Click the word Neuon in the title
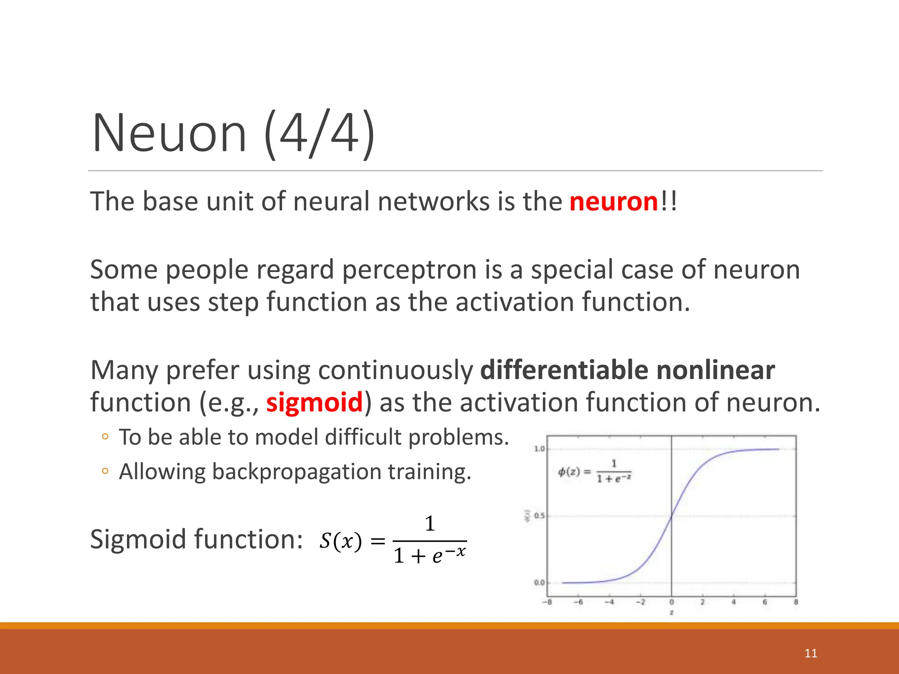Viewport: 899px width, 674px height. click(x=169, y=133)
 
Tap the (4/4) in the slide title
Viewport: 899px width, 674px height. click(x=320, y=133)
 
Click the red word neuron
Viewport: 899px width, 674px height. click(x=614, y=202)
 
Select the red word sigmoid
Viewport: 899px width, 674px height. click(x=314, y=402)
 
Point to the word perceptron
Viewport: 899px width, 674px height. click(x=409, y=269)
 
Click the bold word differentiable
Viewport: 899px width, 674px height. click(x=564, y=370)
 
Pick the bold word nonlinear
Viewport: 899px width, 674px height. click(x=716, y=370)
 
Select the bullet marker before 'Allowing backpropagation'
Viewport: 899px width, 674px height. click(x=104, y=471)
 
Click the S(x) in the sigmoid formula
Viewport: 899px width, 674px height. click(x=341, y=541)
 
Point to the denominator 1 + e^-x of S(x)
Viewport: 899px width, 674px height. click(x=429, y=556)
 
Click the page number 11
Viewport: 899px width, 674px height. click(x=811, y=653)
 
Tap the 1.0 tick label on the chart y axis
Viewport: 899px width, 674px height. click(x=539, y=448)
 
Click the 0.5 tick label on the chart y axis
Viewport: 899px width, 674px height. click(x=539, y=516)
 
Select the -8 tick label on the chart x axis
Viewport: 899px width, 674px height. click(x=547, y=602)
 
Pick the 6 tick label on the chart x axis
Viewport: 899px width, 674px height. click(x=765, y=602)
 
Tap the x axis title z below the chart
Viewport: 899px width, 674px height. click(x=671, y=612)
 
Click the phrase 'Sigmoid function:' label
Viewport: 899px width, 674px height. click(x=196, y=539)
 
